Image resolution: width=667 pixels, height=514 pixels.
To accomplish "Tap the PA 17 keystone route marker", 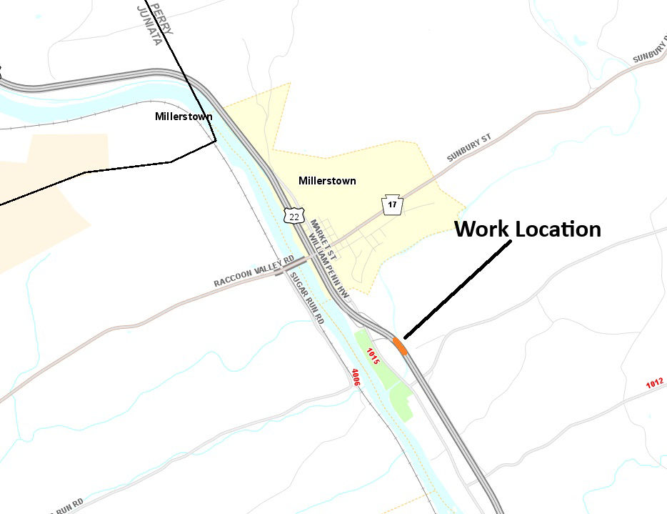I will coord(392,205).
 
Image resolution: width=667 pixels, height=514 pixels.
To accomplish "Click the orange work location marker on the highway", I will coord(399,346).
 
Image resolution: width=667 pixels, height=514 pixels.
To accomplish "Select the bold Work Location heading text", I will coord(528,229).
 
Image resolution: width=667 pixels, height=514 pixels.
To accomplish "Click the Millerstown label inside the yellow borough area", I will coord(327,181).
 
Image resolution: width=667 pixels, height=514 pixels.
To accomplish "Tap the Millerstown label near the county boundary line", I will coord(184,117).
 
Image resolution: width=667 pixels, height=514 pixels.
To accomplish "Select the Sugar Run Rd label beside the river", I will coord(306,303).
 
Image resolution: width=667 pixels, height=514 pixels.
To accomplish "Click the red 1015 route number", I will coord(372,356).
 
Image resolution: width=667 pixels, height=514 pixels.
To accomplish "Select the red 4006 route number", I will coord(354,377).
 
